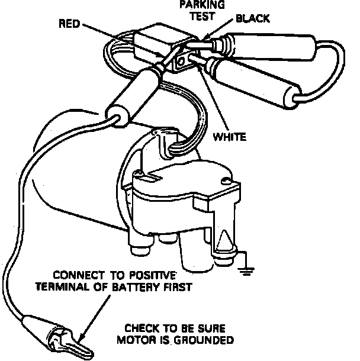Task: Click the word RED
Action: [69, 25]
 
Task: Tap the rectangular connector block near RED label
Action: [156, 44]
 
